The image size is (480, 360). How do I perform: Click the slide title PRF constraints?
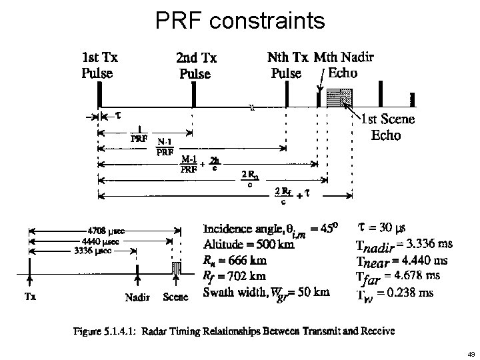[240, 20]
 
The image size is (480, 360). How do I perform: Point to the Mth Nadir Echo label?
[343, 64]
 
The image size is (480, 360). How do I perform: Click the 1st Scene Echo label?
[387, 127]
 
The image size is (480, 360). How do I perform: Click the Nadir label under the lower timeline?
[138, 297]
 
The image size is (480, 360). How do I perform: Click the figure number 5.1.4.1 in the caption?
[147, 330]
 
